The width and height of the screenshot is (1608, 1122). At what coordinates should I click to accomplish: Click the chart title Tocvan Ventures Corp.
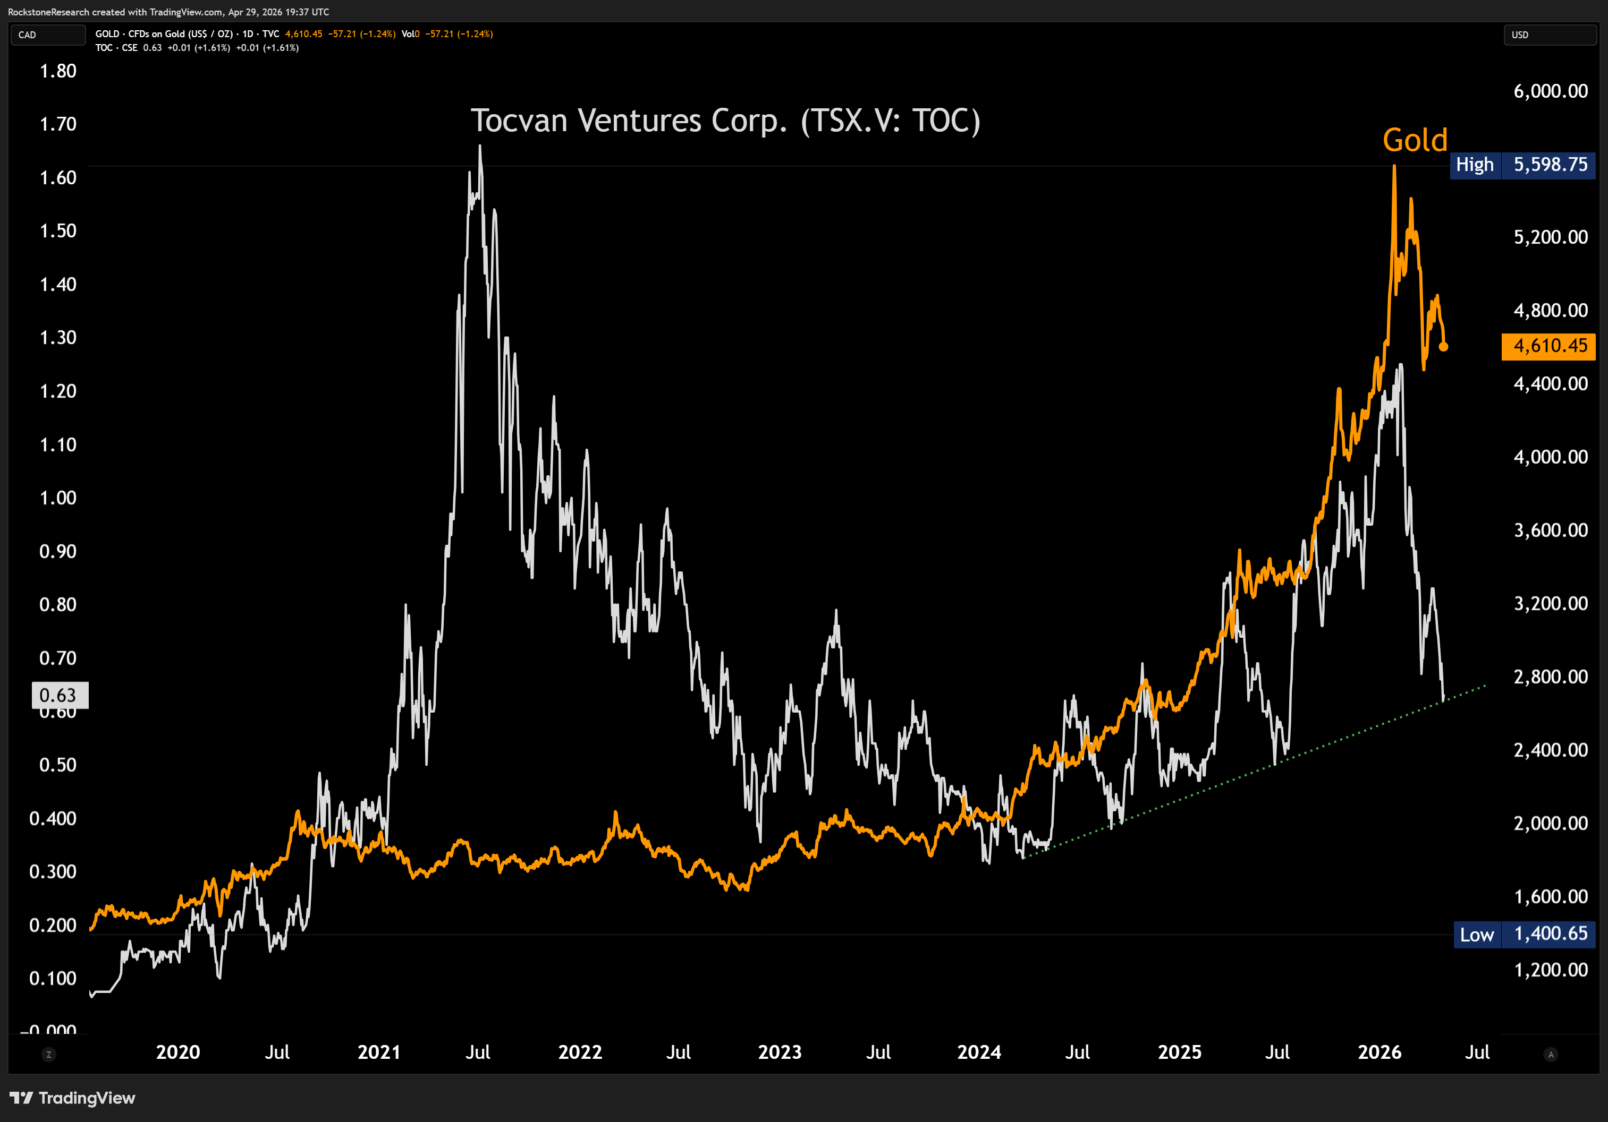coord(725,121)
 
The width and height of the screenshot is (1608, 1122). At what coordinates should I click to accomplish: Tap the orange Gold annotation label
coord(1415,140)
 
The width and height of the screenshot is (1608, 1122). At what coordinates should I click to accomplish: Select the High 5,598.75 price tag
coord(1522,165)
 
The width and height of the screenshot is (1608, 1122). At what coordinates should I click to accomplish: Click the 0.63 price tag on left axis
coord(59,695)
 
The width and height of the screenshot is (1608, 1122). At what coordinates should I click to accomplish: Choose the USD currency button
coord(1548,35)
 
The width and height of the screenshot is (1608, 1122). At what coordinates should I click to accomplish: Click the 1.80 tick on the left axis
coord(58,71)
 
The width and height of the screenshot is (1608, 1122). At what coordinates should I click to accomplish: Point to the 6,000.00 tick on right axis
coord(1551,91)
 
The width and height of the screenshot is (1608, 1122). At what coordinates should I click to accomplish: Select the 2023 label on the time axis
coord(780,1052)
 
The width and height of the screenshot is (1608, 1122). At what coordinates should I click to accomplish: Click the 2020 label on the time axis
coord(178,1052)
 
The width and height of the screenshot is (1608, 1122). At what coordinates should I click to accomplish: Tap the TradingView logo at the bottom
coord(72,1098)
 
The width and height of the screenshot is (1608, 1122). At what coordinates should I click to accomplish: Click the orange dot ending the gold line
coord(1443,346)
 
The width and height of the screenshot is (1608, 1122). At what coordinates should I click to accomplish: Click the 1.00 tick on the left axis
coord(58,498)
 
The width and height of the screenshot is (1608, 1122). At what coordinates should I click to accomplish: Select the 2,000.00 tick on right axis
coord(1551,823)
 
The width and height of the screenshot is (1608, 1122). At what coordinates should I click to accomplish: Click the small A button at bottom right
coord(1551,1054)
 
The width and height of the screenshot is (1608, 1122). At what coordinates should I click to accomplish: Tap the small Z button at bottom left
coord(48,1054)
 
